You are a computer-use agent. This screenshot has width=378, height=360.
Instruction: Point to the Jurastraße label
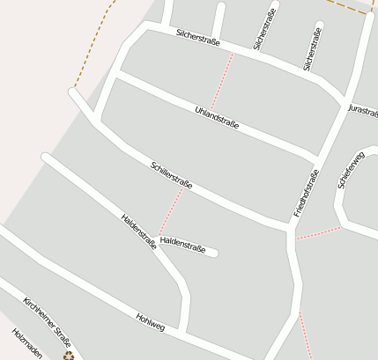pos(362,111)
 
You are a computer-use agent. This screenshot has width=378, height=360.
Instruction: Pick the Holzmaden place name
pos(26,345)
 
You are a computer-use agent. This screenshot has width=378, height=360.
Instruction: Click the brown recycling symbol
pos(68,356)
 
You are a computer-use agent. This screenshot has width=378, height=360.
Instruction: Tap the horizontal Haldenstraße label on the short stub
pos(183,249)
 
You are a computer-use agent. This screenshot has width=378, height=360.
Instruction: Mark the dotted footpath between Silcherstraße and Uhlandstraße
pos(222,84)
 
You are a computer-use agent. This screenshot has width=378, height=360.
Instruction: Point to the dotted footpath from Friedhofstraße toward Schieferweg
pos(318,233)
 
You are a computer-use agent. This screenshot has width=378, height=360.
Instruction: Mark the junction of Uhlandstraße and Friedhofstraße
pos(316,159)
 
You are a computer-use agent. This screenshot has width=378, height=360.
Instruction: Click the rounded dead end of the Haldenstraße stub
pos(214,253)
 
